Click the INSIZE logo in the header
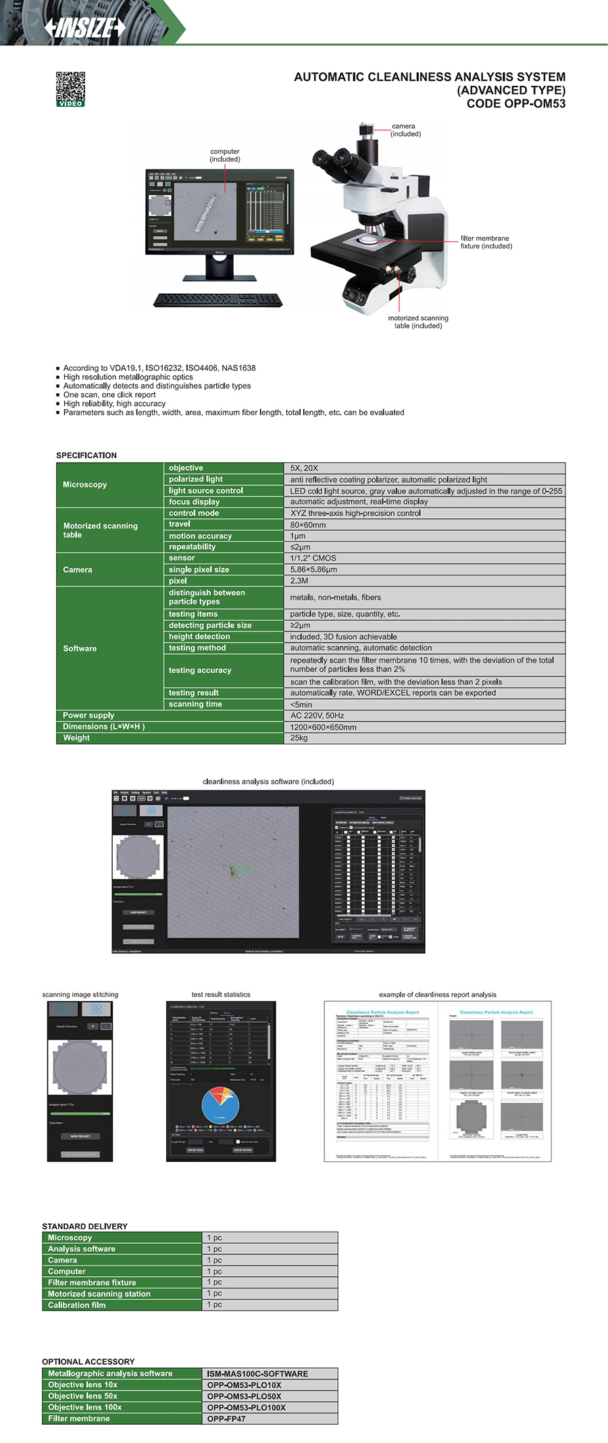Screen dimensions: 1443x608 point(85,28)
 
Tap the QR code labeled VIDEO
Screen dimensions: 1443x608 point(70,88)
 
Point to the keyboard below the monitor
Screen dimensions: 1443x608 point(218,299)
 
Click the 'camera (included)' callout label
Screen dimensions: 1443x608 point(405,130)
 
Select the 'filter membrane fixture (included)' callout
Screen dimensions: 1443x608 point(486,242)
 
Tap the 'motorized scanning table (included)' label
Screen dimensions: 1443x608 point(417,322)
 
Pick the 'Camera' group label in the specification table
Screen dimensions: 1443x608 point(78,569)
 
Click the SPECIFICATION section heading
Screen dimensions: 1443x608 point(86,455)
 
